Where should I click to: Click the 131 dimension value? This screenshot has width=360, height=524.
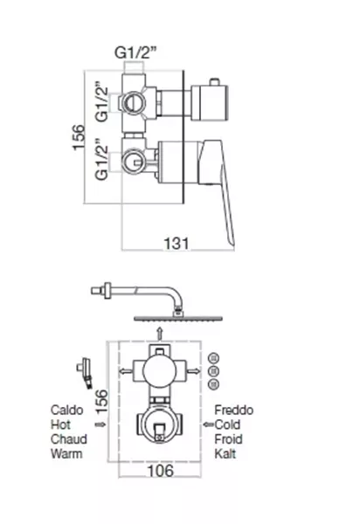(x=177, y=244)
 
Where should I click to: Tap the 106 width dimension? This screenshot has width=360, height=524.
(x=161, y=471)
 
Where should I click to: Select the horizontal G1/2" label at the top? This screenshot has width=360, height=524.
(x=135, y=52)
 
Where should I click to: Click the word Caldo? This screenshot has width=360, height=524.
(x=67, y=410)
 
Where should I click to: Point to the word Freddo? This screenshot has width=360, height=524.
(x=234, y=410)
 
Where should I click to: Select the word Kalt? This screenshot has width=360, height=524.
(x=225, y=454)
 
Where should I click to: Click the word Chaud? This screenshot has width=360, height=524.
(x=69, y=439)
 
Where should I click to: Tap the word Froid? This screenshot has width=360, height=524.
(x=229, y=439)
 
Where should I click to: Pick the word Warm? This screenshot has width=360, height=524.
(x=66, y=454)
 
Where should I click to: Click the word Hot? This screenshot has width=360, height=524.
(x=60, y=424)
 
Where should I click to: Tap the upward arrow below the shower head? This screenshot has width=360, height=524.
(x=160, y=334)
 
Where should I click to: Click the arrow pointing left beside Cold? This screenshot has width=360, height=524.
(x=208, y=424)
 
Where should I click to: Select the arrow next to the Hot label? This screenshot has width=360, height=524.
(x=100, y=424)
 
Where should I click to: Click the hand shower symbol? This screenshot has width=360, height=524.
(x=86, y=373)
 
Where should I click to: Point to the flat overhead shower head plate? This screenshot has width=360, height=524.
(x=178, y=319)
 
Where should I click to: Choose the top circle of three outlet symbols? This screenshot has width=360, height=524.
(x=213, y=359)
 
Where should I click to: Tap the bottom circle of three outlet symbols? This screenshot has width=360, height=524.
(x=213, y=384)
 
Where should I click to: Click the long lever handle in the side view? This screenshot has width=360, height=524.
(x=220, y=187)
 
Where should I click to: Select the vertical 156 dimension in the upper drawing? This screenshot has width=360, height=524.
(x=80, y=137)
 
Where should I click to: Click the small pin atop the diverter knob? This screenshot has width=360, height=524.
(x=213, y=82)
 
